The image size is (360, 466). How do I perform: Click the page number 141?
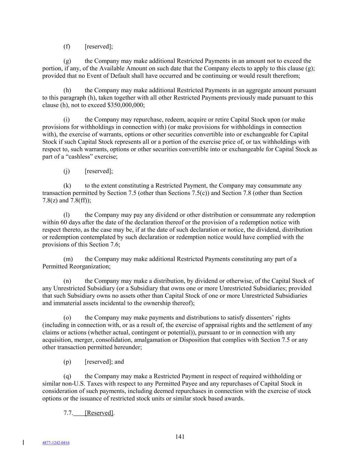(x=180, y=437)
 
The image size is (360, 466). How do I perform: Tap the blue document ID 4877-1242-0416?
(x=56, y=443)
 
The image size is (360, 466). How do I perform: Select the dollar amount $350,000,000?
(x=125, y=105)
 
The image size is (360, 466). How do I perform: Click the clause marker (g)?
(x=67, y=61)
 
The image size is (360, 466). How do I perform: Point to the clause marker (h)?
(x=67, y=90)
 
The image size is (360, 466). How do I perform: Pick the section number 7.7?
(x=68, y=413)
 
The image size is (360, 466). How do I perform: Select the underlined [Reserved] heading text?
(x=99, y=413)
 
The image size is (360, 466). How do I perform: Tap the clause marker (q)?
(x=67, y=376)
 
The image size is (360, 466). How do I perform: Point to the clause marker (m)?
(x=68, y=259)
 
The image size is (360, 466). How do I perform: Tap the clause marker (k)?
(x=67, y=186)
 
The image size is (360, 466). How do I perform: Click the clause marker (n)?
(x=67, y=281)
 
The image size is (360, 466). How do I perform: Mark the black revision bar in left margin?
(x=23, y=442)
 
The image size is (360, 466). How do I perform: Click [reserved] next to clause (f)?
(x=99, y=46)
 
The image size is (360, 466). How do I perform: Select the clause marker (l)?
(x=67, y=215)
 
